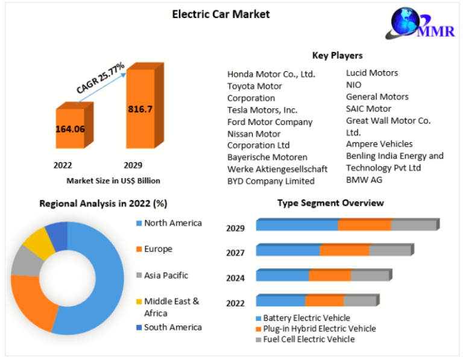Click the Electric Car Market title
click(221, 13)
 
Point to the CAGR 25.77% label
click(100, 78)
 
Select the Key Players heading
click(337, 55)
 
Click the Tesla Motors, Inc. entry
click(262, 110)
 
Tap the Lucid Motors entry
click(371, 73)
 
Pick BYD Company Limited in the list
click(271, 181)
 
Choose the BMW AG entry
click(364, 179)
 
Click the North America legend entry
click(172, 223)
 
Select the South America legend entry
click(172, 327)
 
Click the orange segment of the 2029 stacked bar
click(364, 225)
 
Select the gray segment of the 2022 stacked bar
click(359, 300)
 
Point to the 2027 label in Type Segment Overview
click(235, 253)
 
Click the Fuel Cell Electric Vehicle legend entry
click(309, 339)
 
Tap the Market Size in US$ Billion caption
click(113, 180)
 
